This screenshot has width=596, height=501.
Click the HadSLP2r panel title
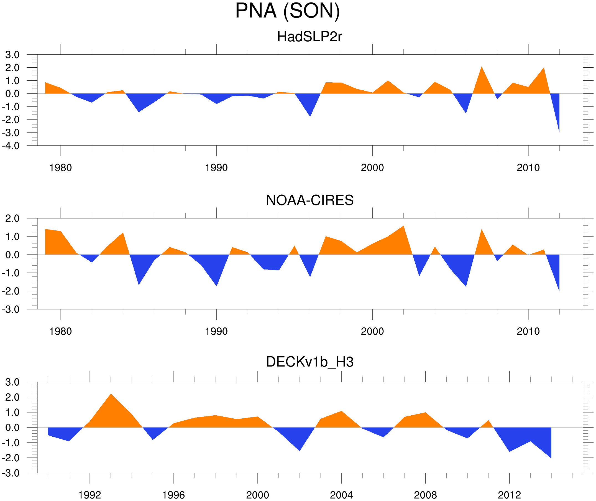point(309,37)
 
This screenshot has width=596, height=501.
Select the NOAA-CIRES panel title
point(309,200)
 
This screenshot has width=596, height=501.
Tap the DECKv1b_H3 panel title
point(309,362)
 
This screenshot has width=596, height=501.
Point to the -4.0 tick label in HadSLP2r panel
point(11,146)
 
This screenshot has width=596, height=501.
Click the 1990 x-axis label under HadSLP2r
point(216,168)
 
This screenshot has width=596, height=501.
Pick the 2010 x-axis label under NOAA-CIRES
point(528,331)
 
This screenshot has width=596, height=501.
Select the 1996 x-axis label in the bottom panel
point(173,495)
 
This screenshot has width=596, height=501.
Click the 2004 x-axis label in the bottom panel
point(341,495)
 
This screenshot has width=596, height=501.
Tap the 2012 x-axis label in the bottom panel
point(509,495)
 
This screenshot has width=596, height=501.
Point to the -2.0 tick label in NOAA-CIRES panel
point(11,291)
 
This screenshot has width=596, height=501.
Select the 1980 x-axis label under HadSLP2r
point(60,168)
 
